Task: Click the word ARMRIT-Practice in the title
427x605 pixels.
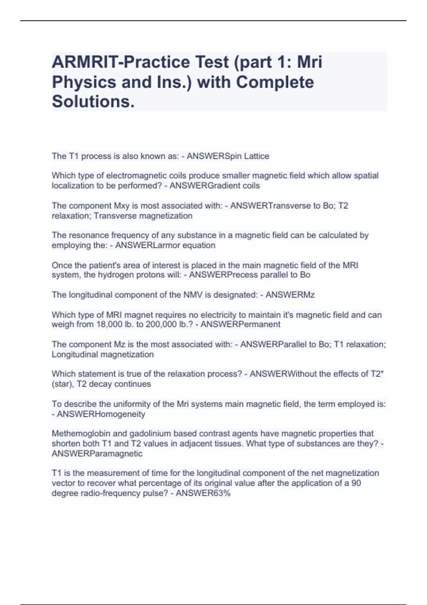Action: [x=121, y=62]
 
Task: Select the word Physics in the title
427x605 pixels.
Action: [x=84, y=82]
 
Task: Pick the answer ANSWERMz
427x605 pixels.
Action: [x=290, y=295]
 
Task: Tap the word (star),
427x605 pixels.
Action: [x=63, y=384]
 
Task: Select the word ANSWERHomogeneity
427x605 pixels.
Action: [x=101, y=414]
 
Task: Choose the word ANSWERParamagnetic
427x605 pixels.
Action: [x=97, y=454]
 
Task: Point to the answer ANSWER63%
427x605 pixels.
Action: [x=203, y=493]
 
